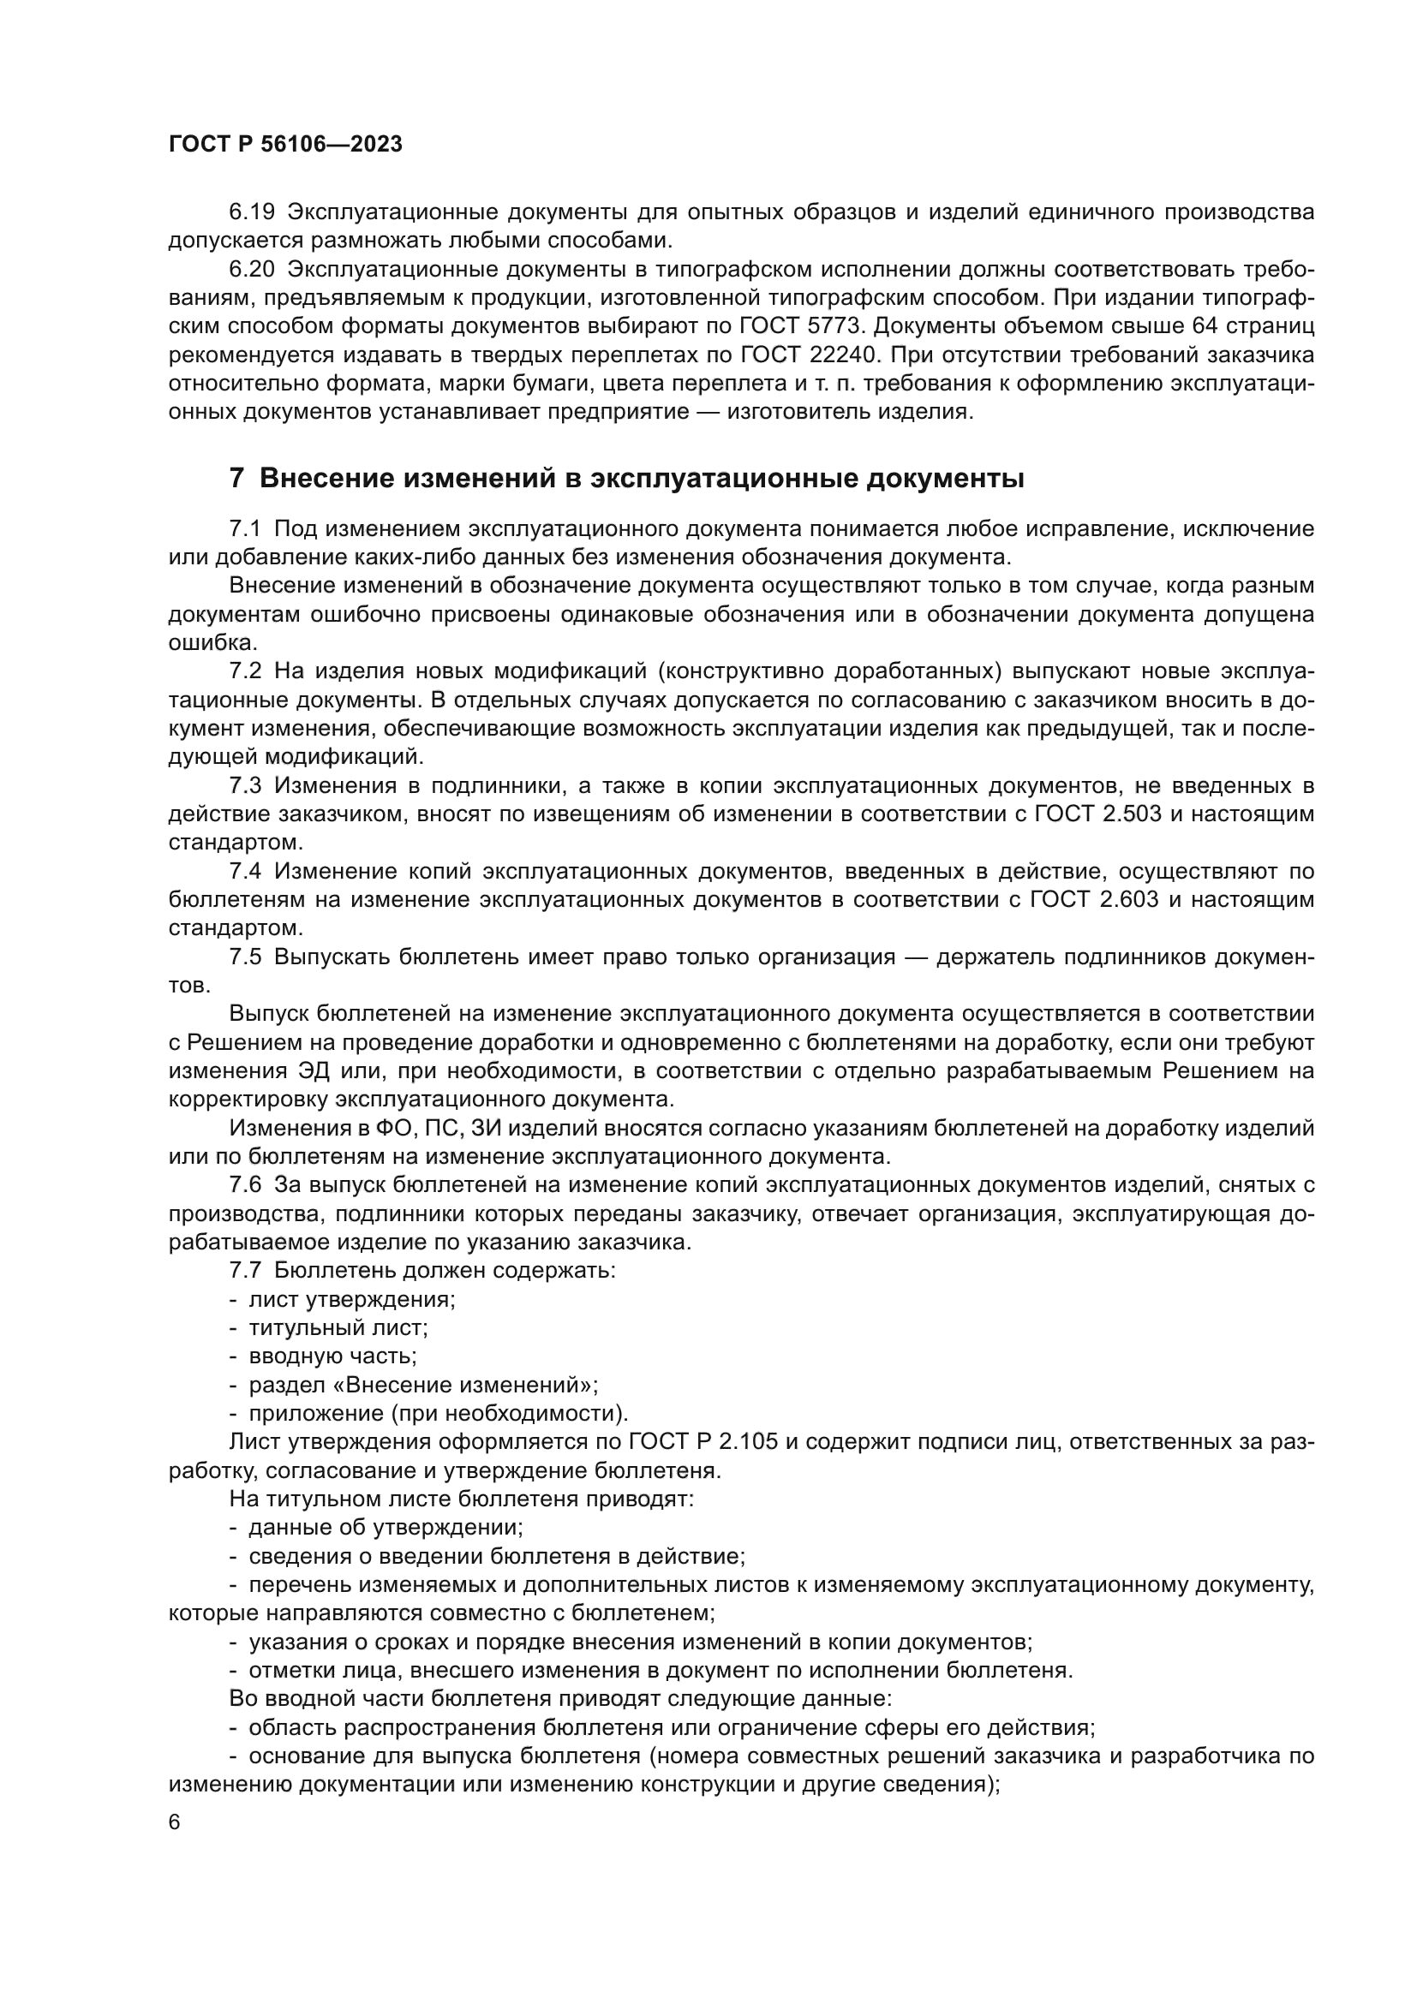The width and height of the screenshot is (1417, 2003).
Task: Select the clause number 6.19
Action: (x=251, y=212)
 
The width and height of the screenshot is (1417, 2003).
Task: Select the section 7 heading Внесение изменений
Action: (x=625, y=479)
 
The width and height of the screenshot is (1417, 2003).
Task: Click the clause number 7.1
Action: (x=244, y=529)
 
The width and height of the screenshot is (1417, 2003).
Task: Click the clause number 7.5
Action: (x=244, y=957)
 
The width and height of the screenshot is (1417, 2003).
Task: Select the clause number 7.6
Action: (x=244, y=1185)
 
